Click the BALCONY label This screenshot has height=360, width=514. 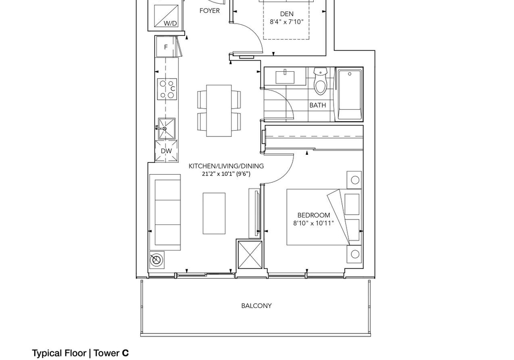(256, 306)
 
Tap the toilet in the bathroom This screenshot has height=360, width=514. (320, 81)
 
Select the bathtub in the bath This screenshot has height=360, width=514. (350, 94)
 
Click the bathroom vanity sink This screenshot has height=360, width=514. (285, 77)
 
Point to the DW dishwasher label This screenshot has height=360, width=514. (166, 151)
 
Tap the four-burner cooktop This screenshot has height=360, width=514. (167, 89)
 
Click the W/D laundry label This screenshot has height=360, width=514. (170, 23)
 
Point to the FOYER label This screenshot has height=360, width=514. (209, 11)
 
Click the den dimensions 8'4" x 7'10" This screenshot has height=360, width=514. (286, 22)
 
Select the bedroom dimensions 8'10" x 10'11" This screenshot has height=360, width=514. (313, 223)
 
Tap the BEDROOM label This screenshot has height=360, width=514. (313, 215)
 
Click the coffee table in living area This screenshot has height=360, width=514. (214, 213)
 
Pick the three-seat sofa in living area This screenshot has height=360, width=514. (165, 213)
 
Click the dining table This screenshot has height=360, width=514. (219, 110)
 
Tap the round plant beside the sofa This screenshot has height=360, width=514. (157, 259)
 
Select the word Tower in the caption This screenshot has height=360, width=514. (107, 353)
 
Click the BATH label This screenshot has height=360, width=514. (318, 105)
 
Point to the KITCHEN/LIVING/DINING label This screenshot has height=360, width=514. (226, 166)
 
